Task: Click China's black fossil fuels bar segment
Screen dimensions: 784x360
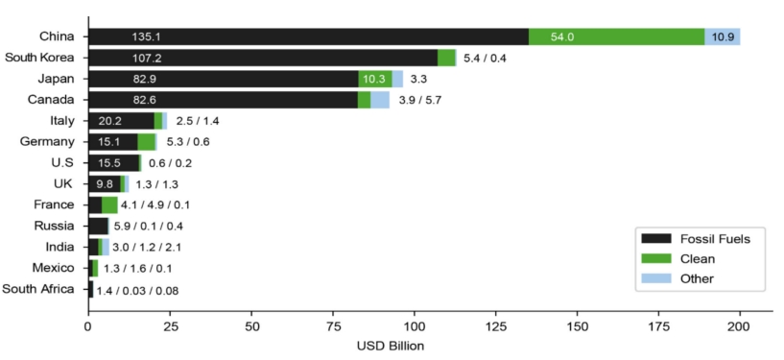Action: coord(308,36)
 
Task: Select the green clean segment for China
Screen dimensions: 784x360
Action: coord(616,36)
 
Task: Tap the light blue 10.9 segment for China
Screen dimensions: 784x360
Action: coord(723,36)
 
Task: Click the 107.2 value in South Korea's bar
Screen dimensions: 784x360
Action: coord(147,58)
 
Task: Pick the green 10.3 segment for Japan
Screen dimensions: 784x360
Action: coord(375,79)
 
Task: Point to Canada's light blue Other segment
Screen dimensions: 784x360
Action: coord(380,100)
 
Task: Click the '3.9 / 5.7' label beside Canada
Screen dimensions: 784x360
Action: coord(419,100)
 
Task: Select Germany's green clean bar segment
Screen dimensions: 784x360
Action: coord(146,142)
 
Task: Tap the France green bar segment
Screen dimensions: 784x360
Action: coord(109,205)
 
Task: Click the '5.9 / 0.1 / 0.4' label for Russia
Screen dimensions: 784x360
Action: coord(148,226)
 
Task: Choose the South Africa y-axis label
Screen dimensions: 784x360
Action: coord(38,289)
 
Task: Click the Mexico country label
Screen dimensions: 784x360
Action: coord(53,268)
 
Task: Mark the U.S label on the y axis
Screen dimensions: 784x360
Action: coord(63,163)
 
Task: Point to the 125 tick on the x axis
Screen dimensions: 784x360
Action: coord(496,326)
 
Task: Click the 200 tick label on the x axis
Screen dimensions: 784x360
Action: coord(740,326)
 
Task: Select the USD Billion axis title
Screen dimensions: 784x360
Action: coord(390,346)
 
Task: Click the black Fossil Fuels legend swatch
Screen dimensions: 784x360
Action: coord(656,239)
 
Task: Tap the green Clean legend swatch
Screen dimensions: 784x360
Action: coord(656,258)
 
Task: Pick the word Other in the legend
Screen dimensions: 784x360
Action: coord(697,278)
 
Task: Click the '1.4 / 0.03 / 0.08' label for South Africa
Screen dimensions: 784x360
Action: coord(137,291)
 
